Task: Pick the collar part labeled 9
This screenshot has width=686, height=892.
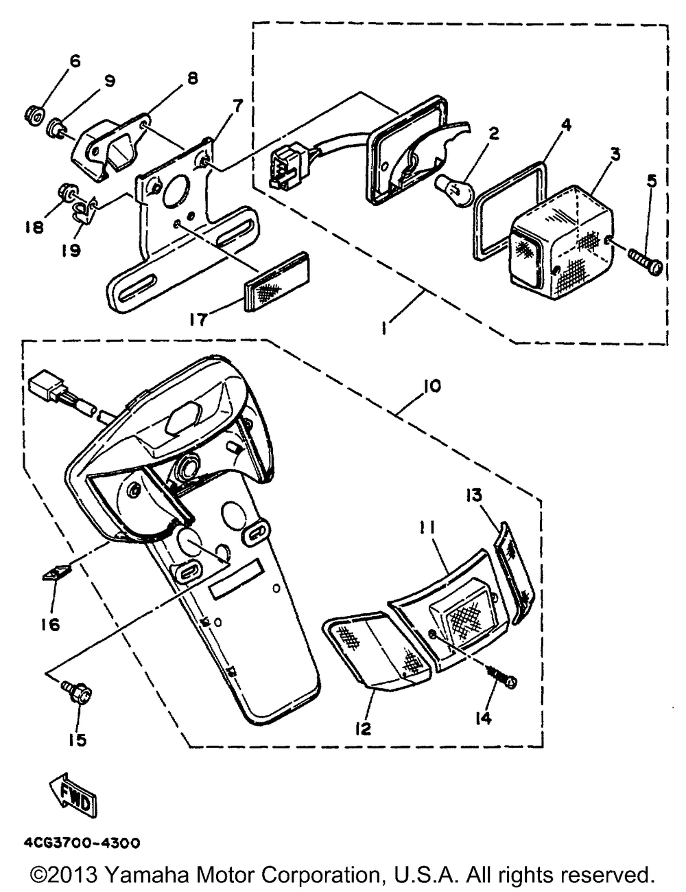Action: click(57, 128)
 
